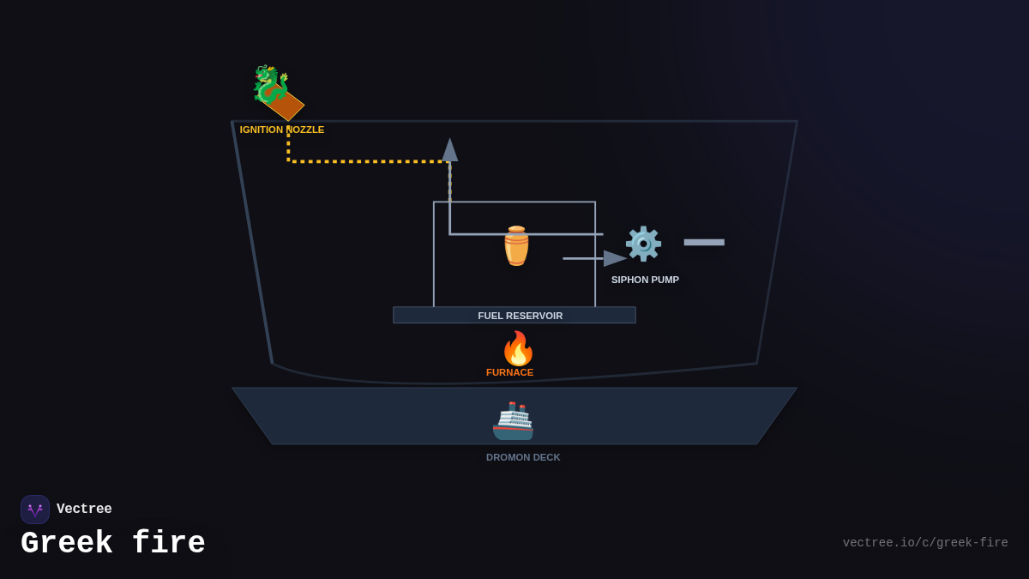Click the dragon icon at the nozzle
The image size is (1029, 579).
tap(268, 83)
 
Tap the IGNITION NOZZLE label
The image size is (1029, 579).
tap(282, 130)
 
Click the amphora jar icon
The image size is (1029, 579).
tap(516, 246)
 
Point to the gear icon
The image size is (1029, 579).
tap(643, 244)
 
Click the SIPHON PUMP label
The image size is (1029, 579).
tap(645, 280)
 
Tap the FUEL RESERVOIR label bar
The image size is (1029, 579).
tap(514, 315)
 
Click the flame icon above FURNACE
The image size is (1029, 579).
tap(518, 348)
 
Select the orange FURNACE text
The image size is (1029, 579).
tap(509, 372)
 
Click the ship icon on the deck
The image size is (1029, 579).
tap(514, 421)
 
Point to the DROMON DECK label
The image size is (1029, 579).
tap(523, 457)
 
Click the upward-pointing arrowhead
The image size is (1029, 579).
tap(449, 150)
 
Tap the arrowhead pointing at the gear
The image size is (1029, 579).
tap(615, 258)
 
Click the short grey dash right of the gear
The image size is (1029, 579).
tap(704, 243)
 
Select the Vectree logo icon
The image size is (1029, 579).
tap(35, 510)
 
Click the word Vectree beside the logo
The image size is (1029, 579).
tap(84, 510)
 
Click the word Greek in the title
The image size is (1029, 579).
tap(67, 544)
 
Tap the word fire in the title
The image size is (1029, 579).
tap(169, 544)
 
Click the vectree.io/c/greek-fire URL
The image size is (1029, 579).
tap(924, 543)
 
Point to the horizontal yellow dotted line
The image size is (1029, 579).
tap(369, 161)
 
